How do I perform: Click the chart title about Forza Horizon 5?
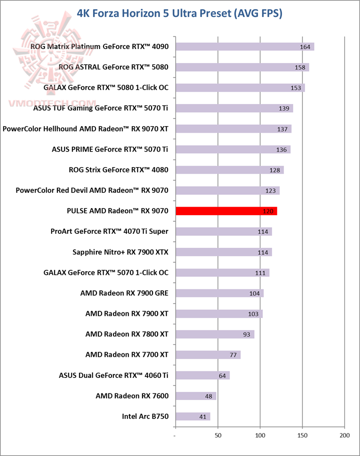tap(180, 13)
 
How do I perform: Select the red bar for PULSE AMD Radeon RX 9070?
tap(226, 211)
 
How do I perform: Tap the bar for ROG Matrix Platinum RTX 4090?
tap(244, 47)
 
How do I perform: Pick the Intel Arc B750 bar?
tap(192, 416)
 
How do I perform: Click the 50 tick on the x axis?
tap(218, 435)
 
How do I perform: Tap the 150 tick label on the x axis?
tap(302, 435)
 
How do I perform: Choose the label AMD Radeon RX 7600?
tap(132, 396)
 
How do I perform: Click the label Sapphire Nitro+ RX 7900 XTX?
tap(120, 252)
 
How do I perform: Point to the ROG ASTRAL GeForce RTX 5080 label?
tap(113, 67)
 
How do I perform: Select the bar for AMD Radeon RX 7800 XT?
tap(214, 334)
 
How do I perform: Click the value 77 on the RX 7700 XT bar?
tap(233, 355)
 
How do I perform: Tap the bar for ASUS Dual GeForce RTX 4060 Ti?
tap(202, 375)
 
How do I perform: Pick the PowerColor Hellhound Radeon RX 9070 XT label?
tap(85, 129)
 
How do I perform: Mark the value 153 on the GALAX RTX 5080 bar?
tap(296, 88)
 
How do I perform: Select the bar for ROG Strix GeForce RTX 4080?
tap(229, 170)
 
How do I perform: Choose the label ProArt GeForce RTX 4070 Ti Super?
tap(109, 231)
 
